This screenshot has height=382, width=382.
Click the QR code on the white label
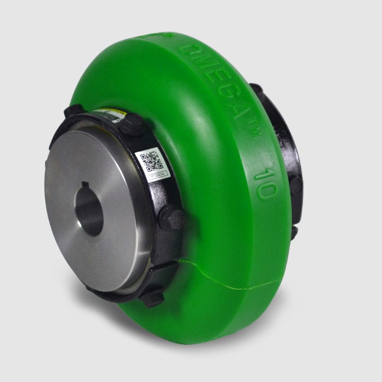point(151,160)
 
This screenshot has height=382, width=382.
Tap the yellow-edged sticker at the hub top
point(107,115)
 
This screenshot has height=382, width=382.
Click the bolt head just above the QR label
point(131,124)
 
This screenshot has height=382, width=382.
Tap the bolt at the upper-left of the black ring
point(73,110)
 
